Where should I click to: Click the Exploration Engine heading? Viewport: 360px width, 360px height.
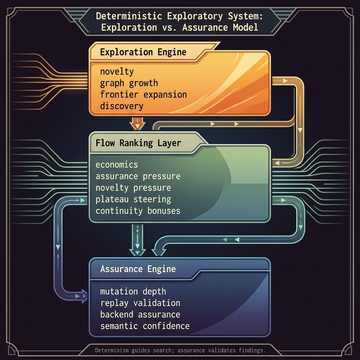point(143,52)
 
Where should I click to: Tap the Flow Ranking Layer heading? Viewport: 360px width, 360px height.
point(138,143)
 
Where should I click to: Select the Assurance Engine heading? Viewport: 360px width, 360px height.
point(138,269)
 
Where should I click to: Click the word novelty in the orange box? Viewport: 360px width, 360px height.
point(117,72)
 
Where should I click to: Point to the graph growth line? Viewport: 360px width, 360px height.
point(129,83)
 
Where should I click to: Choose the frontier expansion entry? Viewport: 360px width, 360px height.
point(143,94)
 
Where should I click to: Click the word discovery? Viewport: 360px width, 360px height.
point(122,106)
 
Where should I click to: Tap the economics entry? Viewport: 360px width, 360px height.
point(117,165)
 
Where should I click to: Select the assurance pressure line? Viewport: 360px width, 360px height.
point(138,176)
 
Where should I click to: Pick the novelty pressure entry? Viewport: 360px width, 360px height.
point(133,188)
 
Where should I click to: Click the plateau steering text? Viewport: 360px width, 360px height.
point(133,199)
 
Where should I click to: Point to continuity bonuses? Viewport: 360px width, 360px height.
point(138,211)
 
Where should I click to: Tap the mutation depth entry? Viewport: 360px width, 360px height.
point(133,291)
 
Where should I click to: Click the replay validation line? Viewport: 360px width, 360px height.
point(140,303)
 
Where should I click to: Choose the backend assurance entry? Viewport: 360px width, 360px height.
point(140,315)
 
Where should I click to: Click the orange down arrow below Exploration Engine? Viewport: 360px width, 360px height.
point(137,123)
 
